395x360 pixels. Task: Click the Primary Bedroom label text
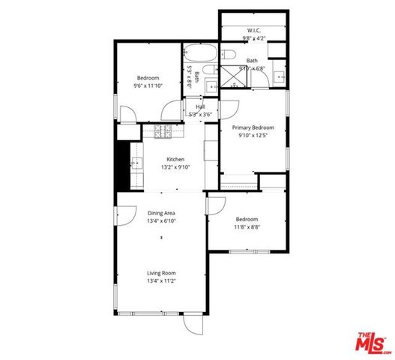tap(252, 127)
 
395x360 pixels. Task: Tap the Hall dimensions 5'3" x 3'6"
tap(201, 115)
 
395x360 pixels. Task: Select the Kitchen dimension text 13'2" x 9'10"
tap(175, 167)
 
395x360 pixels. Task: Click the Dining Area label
tap(161, 213)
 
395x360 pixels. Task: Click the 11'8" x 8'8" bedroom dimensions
tap(247, 226)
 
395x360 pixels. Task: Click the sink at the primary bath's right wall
tap(279, 76)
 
